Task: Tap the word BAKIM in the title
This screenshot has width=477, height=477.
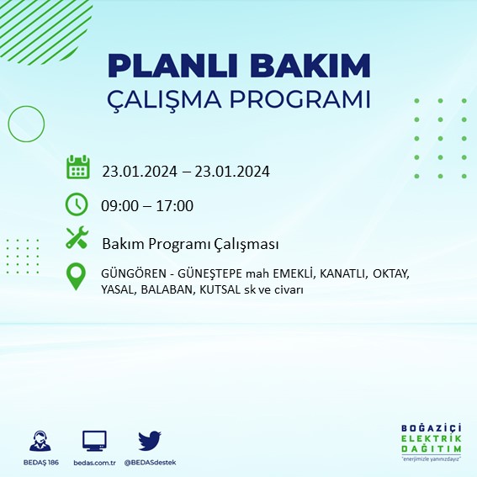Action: (x=315, y=66)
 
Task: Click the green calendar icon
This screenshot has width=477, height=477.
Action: (x=77, y=167)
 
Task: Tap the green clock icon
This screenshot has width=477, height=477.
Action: (x=77, y=204)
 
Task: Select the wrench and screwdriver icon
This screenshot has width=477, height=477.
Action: (x=77, y=240)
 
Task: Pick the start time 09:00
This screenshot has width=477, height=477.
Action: (x=119, y=206)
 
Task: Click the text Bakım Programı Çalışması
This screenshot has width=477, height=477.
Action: (x=190, y=244)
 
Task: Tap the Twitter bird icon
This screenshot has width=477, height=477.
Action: (x=150, y=441)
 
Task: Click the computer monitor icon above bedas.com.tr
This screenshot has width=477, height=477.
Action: (x=94, y=441)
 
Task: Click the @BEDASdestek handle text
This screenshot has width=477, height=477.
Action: (x=150, y=463)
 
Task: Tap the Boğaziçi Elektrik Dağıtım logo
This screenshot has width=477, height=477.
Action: (x=430, y=441)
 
